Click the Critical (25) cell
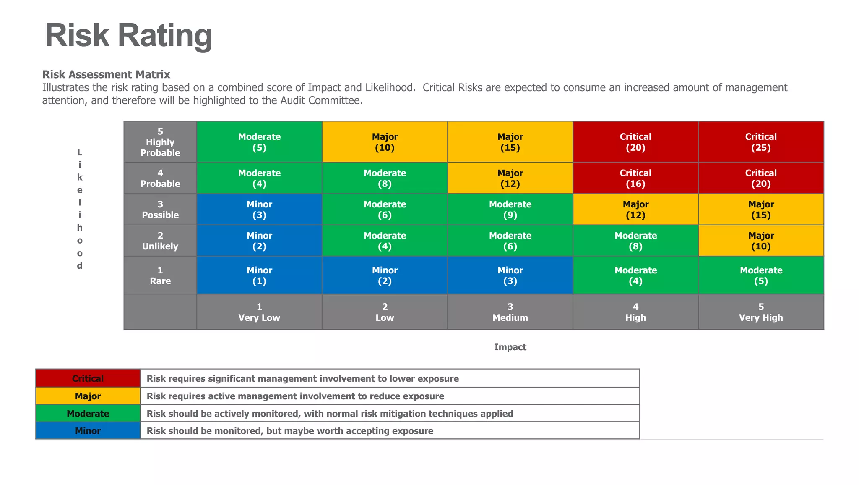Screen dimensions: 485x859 coord(761,142)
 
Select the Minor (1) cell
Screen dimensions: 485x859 coord(259,275)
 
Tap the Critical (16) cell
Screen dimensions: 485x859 coord(635,178)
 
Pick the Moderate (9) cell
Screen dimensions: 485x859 coord(510,210)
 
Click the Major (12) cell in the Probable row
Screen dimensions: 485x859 coord(510,178)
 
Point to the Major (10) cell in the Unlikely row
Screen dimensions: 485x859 coord(761,241)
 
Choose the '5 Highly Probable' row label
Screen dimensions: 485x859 coord(160,142)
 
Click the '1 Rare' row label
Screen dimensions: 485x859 coord(160,275)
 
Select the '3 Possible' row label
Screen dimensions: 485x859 coord(160,210)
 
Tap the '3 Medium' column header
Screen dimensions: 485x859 coord(510,312)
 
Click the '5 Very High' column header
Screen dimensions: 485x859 coord(761,312)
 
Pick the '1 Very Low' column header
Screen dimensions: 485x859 coord(259,312)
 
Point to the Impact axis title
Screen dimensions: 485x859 coord(510,347)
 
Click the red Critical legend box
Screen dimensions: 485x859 coord(88,378)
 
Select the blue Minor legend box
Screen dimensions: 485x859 coord(88,431)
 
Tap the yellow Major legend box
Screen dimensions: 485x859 coord(88,396)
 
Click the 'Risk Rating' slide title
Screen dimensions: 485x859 coord(128,35)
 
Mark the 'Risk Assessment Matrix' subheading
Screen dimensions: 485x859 coord(106,74)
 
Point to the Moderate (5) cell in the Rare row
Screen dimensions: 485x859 coord(761,275)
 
